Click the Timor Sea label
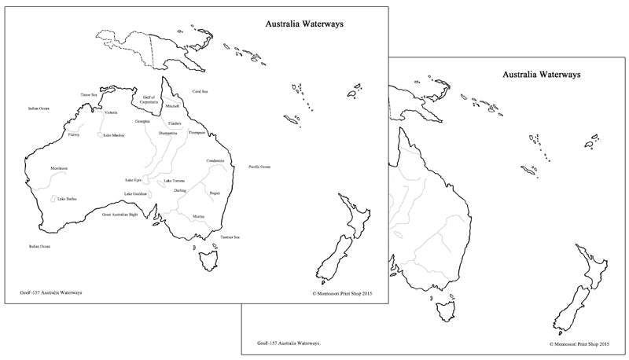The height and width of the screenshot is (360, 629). pyautogui.click(x=89, y=94)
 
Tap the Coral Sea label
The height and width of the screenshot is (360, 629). pyautogui.click(x=200, y=92)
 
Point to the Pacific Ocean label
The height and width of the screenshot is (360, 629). pyautogui.click(x=259, y=167)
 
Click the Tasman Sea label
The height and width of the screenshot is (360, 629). pyautogui.click(x=230, y=237)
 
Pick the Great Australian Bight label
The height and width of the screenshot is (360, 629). pyautogui.click(x=120, y=214)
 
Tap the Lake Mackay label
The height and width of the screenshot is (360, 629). pyautogui.click(x=114, y=135)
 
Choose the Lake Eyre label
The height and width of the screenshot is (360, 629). pyautogui.click(x=133, y=180)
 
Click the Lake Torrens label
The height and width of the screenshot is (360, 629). pyautogui.click(x=175, y=181)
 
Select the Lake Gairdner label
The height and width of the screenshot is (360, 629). pyautogui.click(x=134, y=193)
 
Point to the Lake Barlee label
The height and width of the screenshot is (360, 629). pyautogui.click(x=67, y=199)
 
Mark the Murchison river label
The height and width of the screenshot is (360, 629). pyautogui.click(x=48, y=167)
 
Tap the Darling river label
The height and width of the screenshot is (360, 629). pyautogui.click(x=180, y=191)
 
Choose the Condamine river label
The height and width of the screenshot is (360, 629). pyautogui.click(x=216, y=161)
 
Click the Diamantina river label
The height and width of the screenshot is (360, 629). pyautogui.click(x=168, y=134)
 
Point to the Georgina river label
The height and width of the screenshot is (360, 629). pyautogui.click(x=142, y=122)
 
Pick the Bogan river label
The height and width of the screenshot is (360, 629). pyautogui.click(x=215, y=192)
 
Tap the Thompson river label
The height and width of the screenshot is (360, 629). pyautogui.click(x=197, y=133)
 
